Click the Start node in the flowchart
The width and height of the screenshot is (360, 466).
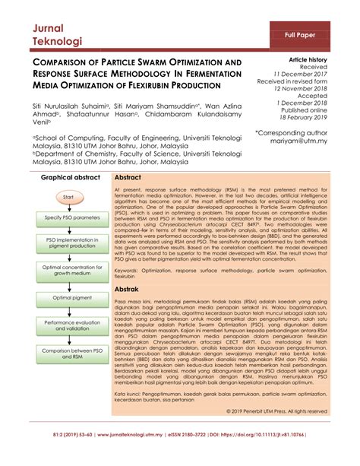68,197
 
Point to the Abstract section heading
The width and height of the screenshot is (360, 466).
128,176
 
